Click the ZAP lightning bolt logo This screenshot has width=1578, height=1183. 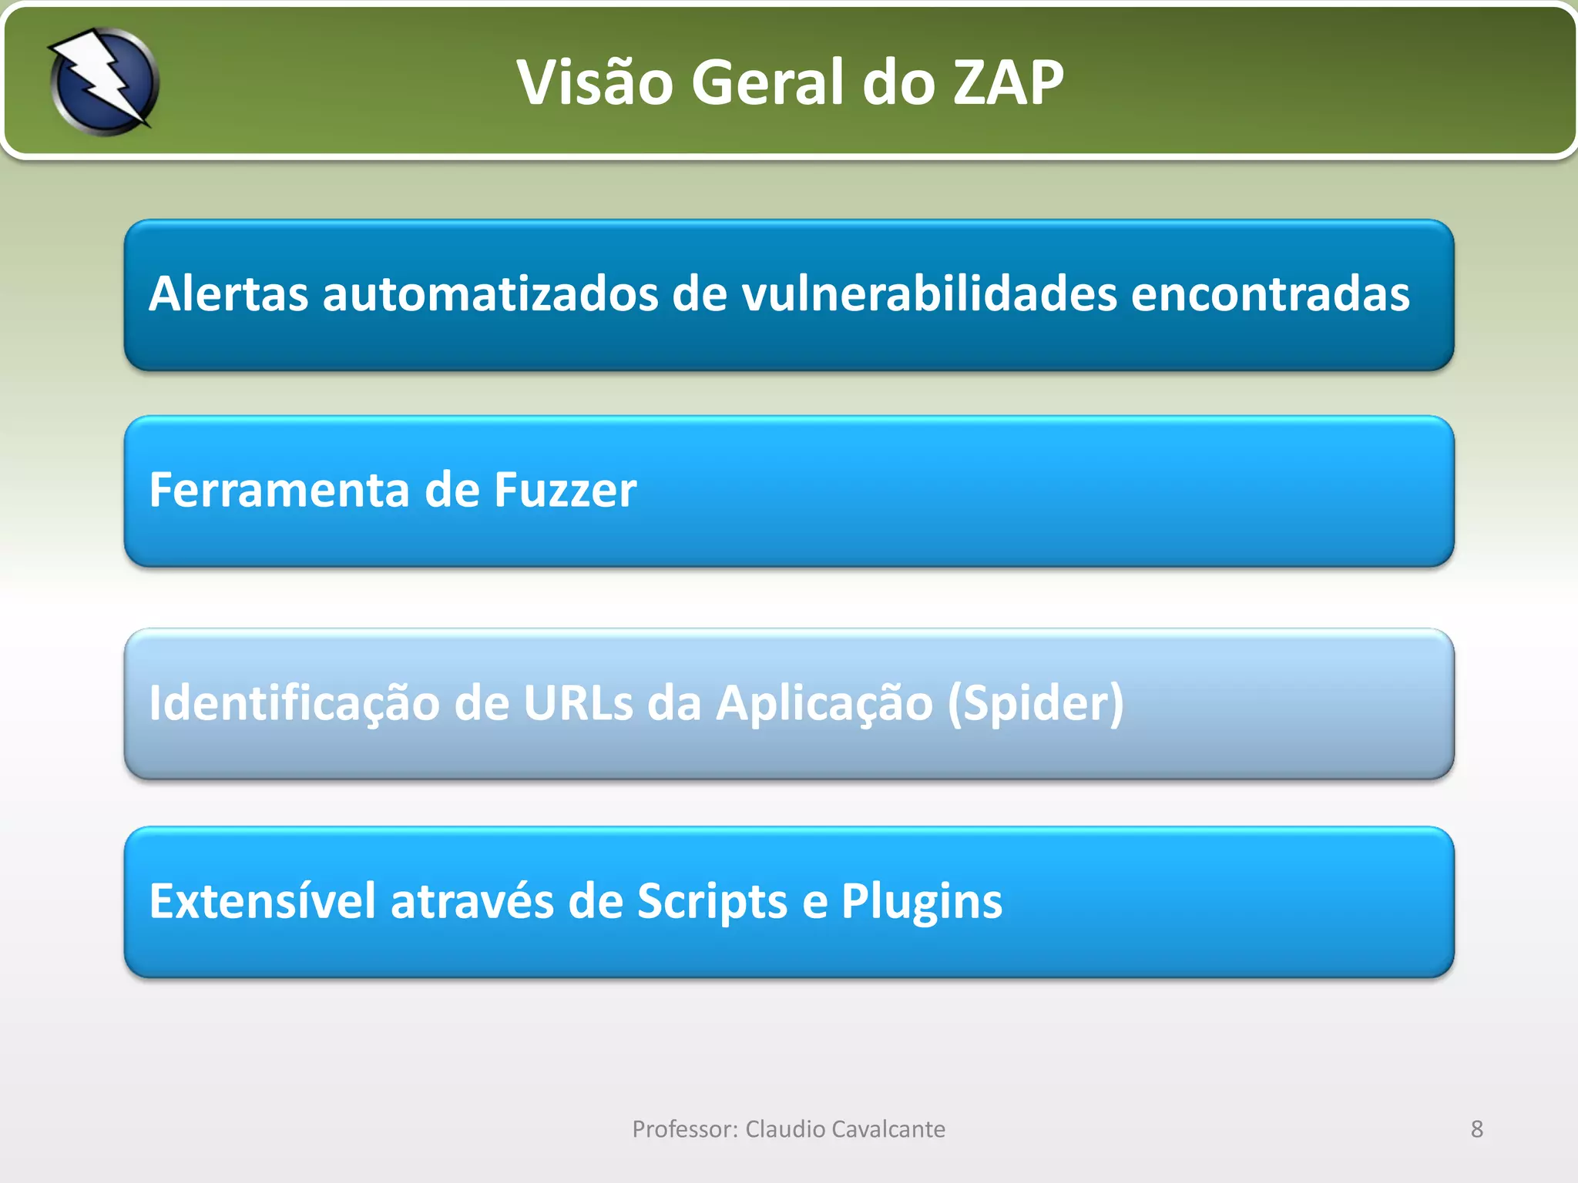104,81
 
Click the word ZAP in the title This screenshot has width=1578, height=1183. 1009,82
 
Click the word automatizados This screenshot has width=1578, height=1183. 491,294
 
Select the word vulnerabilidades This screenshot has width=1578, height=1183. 929,294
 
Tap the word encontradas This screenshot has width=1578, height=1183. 1271,294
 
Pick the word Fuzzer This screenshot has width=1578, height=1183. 566,490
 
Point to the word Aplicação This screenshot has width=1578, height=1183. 824,703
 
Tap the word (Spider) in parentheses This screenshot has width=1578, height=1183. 1036,703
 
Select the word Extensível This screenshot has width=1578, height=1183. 263,901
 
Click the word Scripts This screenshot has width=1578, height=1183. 712,901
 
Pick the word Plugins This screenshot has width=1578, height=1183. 922,901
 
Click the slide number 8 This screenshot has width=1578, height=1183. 1476,1129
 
